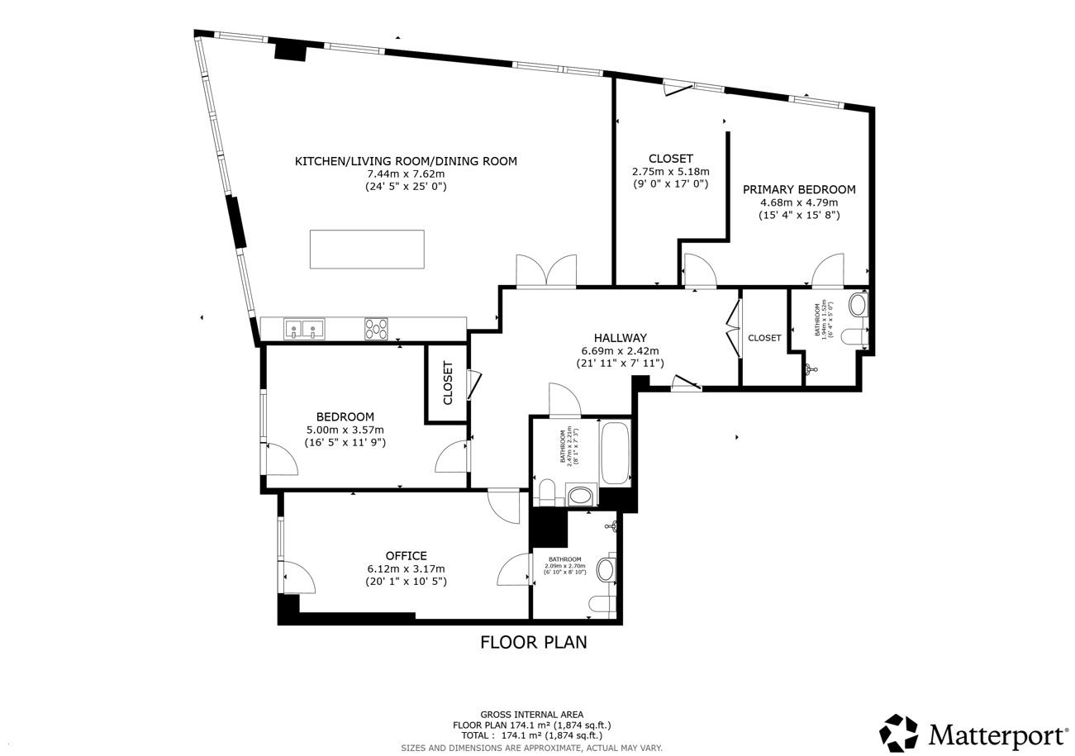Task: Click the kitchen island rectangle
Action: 367,249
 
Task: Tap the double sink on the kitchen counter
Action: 304,329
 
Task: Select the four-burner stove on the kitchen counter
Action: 376,329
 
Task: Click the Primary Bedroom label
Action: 798,189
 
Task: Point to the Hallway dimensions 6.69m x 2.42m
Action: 620,351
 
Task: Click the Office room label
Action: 406,555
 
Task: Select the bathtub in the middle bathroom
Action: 615,453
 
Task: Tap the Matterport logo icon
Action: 898,733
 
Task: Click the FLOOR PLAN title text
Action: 533,642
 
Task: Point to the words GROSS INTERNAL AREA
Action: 531,715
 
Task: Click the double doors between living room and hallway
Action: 545,271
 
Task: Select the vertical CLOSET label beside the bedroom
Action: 448,383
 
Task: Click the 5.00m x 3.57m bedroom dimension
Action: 345,430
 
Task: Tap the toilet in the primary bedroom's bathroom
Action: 854,336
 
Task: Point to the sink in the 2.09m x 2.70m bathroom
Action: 606,569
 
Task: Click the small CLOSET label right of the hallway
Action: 764,338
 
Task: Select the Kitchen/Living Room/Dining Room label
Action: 406,161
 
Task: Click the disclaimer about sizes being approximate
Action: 531,748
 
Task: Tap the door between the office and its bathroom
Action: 514,569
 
